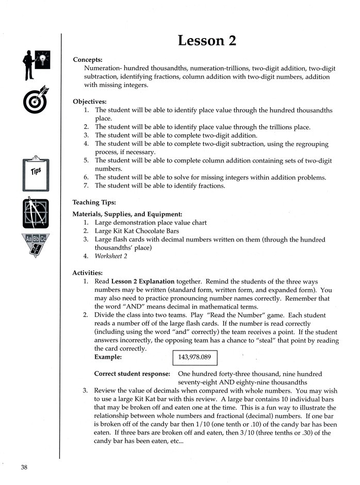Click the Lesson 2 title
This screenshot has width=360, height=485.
pos(207,40)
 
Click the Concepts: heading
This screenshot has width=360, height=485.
pos(88,60)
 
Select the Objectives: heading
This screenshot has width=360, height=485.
pos(90,102)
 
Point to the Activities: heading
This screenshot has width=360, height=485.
pos(88,273)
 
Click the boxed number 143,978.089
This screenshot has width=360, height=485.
pos(194,357)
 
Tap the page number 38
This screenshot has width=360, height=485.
pos(24,467)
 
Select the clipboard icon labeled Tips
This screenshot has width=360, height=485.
pos(36,173)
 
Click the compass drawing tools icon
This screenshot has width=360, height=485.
pos(36,213)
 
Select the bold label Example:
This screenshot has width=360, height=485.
pos(108,357)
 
